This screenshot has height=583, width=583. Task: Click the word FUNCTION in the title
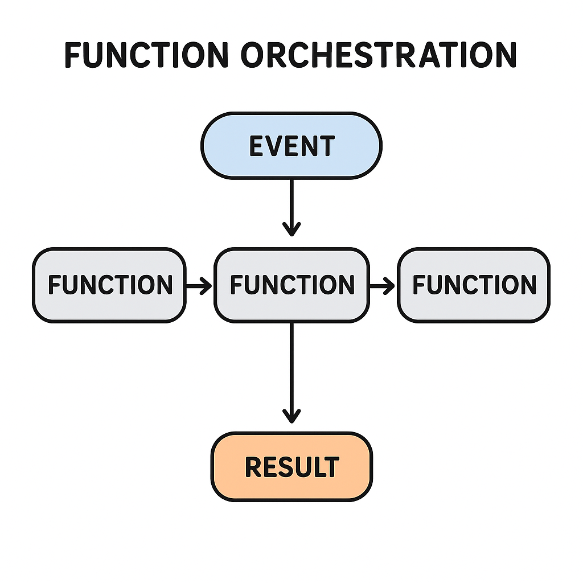click(146, 55)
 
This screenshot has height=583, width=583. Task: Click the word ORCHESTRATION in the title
click(379, 55)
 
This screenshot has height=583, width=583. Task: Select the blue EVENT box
click(291, 146)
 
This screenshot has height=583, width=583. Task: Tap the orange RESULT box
click(292, 467)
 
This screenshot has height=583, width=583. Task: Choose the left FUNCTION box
click(109, 285)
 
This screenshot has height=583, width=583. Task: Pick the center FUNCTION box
click(292, 285)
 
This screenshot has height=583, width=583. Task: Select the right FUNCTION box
click(474, 285)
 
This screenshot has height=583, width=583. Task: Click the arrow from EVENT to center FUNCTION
click(291, 208)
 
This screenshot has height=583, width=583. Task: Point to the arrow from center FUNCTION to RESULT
click(291, 373)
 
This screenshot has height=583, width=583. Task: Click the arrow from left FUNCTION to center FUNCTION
click(199, 286)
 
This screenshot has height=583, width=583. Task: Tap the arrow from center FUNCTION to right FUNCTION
click(382, 286)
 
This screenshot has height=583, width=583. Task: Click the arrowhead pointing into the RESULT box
click(291, 416)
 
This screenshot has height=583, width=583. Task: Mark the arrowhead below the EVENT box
click(291, 229)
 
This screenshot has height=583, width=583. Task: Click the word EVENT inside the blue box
click(292, 146)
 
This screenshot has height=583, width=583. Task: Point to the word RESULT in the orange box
click(292, 467)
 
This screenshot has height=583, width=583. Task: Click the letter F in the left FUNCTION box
click(54, 285)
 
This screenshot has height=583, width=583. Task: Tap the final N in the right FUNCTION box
click(528, 285)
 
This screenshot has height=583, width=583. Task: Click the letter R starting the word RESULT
click(252, 467)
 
